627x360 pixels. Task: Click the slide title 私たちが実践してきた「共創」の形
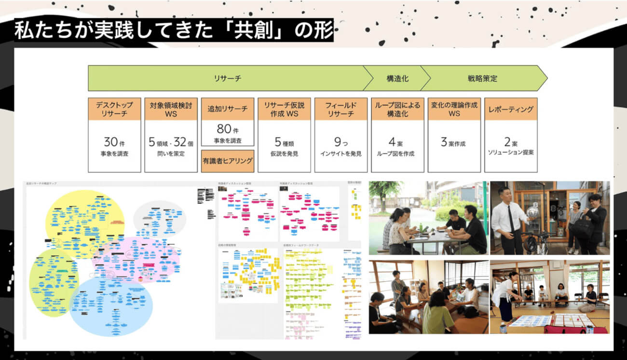[x=174, y=30]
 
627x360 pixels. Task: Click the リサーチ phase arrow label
[x=227, y=78]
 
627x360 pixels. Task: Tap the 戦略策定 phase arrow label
[x=482, y=78]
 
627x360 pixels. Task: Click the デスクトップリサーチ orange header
[x=115, y=109]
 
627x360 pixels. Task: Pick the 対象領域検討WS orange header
[x=171, y=109]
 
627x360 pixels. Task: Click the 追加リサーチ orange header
[x=228, y=109]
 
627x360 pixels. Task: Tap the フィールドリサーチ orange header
[x=341, y=109]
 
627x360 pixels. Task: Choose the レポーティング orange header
[x=511, y=109]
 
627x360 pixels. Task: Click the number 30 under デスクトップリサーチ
[x=111, y=142]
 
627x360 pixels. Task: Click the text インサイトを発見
[x=341, y=154]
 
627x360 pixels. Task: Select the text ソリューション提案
[x=511, y=152]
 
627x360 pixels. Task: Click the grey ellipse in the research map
[x=160, y=218]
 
